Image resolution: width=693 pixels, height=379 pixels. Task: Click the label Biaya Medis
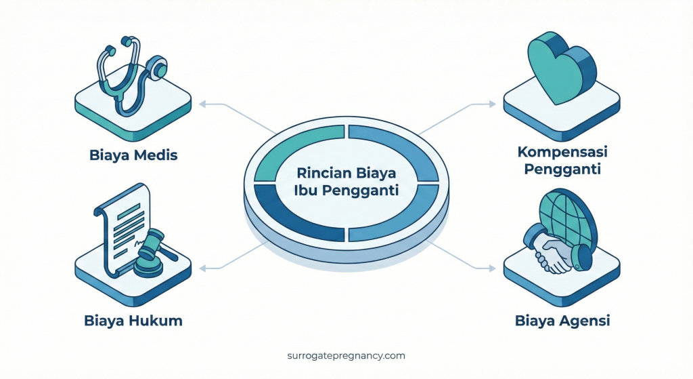point(133,155)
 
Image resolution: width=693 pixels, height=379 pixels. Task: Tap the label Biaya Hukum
point(133,320)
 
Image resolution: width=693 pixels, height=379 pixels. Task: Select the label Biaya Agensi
point(562,320)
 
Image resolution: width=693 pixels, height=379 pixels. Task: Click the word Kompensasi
point(563,151)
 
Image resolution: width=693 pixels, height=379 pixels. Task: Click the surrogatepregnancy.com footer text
point(346,355)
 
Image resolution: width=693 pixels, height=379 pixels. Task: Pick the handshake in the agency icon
point(554,256)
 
